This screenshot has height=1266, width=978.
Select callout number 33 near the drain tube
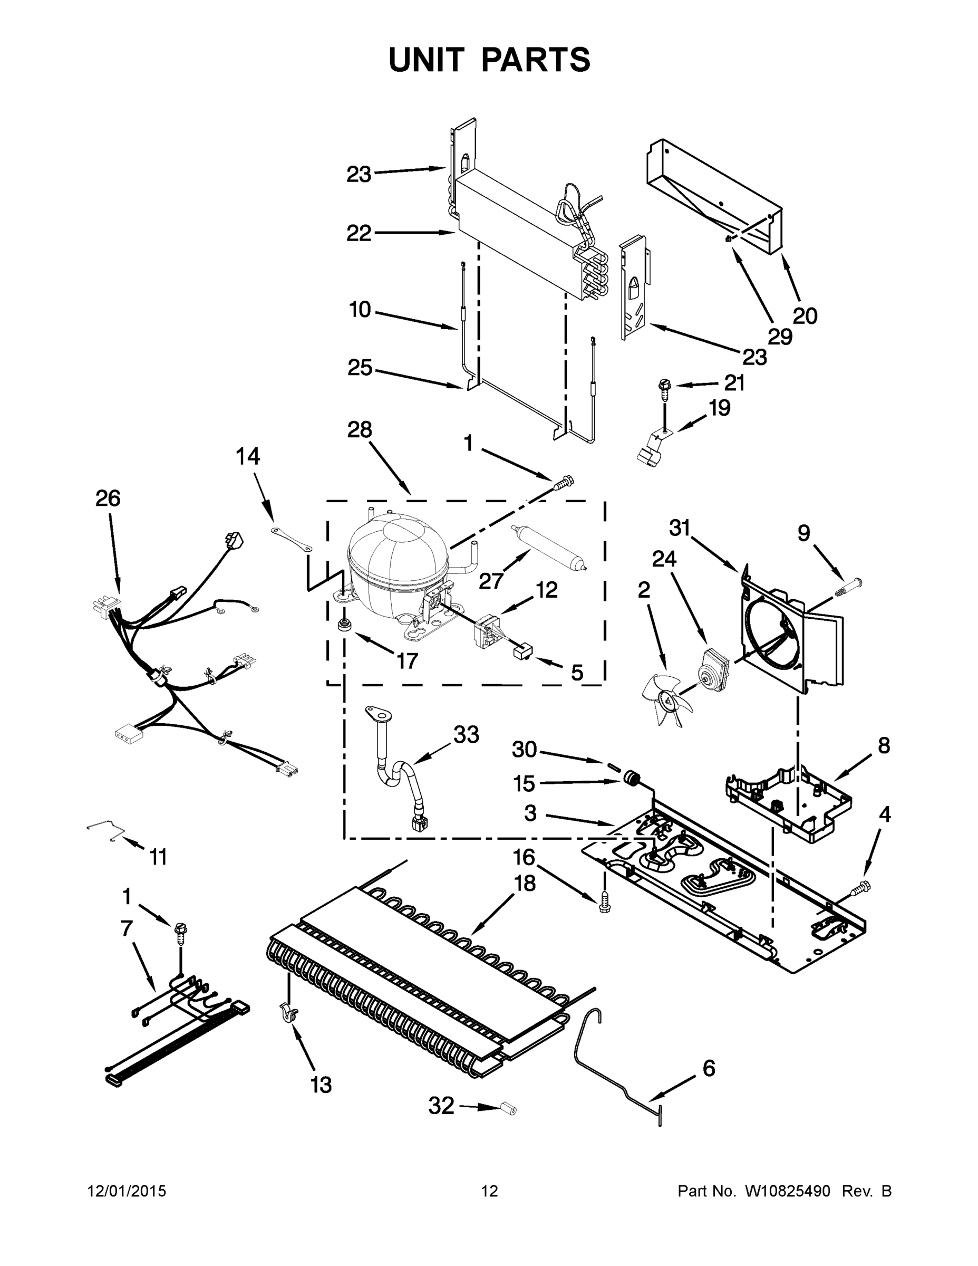click(467, 734)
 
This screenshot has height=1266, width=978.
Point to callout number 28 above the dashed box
click(359, 429)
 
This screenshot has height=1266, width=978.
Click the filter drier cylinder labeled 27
click(547, 546)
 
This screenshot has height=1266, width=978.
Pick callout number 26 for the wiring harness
click(109, 498)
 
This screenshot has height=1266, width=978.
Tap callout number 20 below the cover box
click(804, 316)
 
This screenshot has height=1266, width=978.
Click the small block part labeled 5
click(522, 653)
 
